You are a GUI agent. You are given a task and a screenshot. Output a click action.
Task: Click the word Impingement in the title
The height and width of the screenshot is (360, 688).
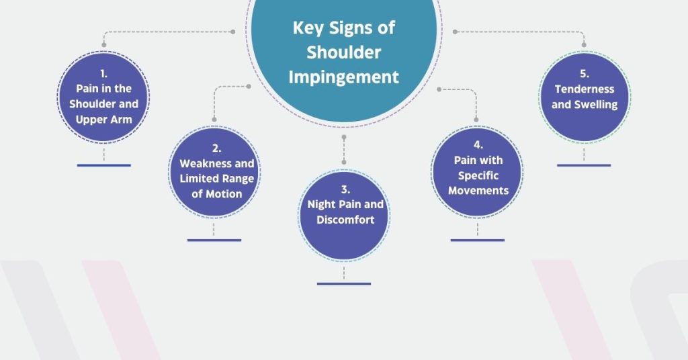click(x=343, y=78)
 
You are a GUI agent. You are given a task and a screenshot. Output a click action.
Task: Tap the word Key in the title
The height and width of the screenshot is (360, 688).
click(x=308, y=28)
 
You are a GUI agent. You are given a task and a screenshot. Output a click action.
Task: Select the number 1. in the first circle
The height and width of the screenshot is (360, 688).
click(x=103, y=74)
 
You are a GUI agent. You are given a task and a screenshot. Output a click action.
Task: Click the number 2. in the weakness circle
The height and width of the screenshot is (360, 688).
click(x=217, y=148)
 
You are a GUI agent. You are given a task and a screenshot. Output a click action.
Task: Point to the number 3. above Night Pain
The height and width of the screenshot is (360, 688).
click(x=345, y=189)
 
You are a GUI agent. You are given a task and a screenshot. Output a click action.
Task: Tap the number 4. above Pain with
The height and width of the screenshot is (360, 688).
click(x=478, y=145)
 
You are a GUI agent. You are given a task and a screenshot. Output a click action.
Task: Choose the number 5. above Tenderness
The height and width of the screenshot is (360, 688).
click(x=585, y=74)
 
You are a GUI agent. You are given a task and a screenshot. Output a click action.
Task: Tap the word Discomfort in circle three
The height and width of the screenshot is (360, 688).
click(x=345, y=220)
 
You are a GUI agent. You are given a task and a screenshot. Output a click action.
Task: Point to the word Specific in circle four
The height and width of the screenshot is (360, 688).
click(x=478, y=176)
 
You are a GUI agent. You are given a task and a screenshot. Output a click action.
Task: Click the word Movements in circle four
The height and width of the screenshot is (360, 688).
click(x=478, y=191)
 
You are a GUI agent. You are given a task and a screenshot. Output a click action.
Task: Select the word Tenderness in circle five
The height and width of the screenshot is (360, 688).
click(x=585, y=89)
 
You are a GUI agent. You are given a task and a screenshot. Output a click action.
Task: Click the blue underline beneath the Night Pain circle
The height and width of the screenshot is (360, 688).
click(x=344, y=283)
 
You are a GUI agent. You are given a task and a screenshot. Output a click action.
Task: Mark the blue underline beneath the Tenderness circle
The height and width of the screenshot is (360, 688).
click(x=584, y=165)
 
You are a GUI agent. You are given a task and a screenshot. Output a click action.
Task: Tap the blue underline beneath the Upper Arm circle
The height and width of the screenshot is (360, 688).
click(x=104, y=165)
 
